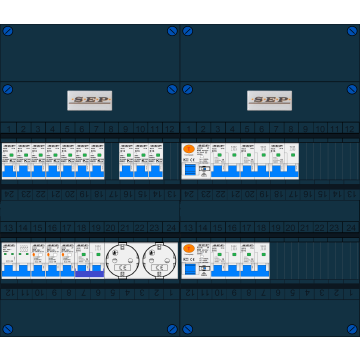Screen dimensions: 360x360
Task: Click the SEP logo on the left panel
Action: [89, 100]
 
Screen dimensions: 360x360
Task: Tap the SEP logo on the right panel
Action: [269, 100]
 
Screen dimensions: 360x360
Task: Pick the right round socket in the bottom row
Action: [155, 260]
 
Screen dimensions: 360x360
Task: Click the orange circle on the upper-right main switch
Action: [189, 149]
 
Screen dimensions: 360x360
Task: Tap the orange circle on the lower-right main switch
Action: [189, 248]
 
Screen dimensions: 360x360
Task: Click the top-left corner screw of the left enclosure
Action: [7, 31]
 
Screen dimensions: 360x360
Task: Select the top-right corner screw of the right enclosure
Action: [352, 31]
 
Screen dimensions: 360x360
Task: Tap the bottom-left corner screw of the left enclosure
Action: [7, 329]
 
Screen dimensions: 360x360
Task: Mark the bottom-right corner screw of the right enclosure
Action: [352, 329]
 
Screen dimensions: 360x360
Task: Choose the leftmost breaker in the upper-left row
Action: [9, 161]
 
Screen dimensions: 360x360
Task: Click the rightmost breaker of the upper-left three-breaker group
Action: [156, 161]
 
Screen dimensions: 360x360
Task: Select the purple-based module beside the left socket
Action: [90, 261]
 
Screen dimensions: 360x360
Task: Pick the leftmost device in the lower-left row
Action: [9, 260]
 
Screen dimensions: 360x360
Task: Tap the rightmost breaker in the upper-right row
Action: [290, 161]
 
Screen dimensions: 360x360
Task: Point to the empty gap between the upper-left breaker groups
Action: [112, 161]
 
